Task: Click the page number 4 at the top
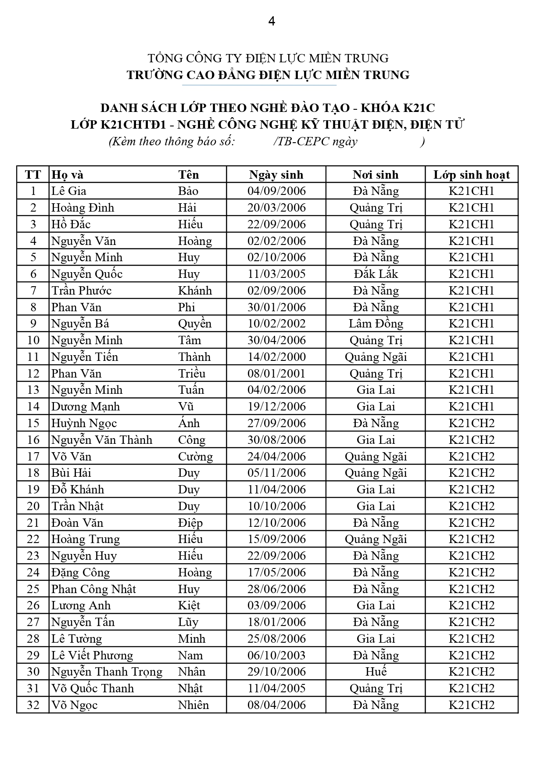click(x=272, y=21)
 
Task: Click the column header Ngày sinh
click(x=276, y=175)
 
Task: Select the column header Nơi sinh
click(x=376, y=175)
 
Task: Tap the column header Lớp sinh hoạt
click(x=472, y=175)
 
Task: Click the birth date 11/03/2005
click(x=276, y=274)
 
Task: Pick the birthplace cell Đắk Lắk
click(x=376, y=274)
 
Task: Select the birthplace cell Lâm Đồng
click(x=376, y=324)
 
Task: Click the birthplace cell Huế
click(x=376, y=672)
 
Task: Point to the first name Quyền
click(x=195, y=324)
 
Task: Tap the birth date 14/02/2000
click(x=276, y=357)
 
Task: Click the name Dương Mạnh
click(x=86, y=407)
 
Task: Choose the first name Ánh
click(x=189, y=423)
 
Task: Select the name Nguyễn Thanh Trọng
click(x=107, y=672)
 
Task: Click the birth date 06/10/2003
click(x=276, y=655)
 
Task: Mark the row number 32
click(x=33, y=705)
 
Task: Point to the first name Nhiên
click(x=193, y=705)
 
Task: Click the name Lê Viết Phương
click(x=92, y=655)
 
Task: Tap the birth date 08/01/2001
click(x=276, y=374)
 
